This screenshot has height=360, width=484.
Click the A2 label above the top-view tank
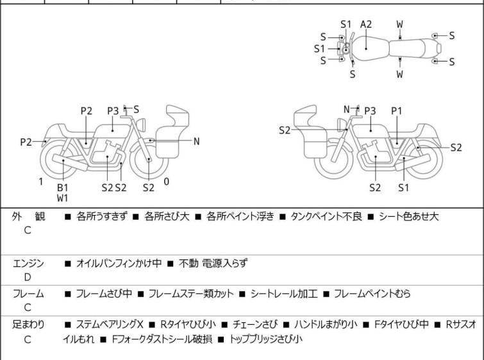pyautogui.click(x=366, y=24)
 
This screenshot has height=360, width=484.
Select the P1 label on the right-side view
pyautogui.click(x=397, y=111)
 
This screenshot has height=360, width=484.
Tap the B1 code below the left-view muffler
pyautogui.click(x=63, y=187)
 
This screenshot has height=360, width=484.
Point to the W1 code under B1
pyautogui.click(x=63, y=198)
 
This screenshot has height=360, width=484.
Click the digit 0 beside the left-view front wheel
pyautogui.click(x=167, y=182)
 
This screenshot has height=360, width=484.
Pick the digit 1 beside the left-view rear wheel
pyautogui.click(x=41, y=182)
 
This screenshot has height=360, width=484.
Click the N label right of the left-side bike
pyautogui.click(x=196, y=142)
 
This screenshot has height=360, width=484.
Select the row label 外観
pyautogui.click(x=28, y=216)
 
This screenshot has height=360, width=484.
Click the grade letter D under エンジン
pyautogui.click(x=28, y=277)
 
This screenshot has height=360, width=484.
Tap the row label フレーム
pyautogui.click(x=28, y=293)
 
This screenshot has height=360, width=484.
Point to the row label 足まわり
pyautogui.click(x=28, y=325)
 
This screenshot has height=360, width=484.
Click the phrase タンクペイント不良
pyautogui.click(x=326, y=216)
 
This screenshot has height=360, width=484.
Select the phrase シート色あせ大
pyautogui.click(x=408, y=216)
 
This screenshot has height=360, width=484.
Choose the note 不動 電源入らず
pyautogui.click(x=213, y=263)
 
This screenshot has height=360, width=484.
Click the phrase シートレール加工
pyautogui.click(x=284, y=293)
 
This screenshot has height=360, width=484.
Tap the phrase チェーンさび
pyautogui.click(x=255, y=325)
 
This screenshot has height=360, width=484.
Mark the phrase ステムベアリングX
pyautogui.click(x=110, y=325)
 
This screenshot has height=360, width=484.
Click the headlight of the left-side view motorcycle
pyautogui.click(x=141, y=124)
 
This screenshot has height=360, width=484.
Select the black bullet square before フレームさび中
pyautogui.click(x=67, y=294)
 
